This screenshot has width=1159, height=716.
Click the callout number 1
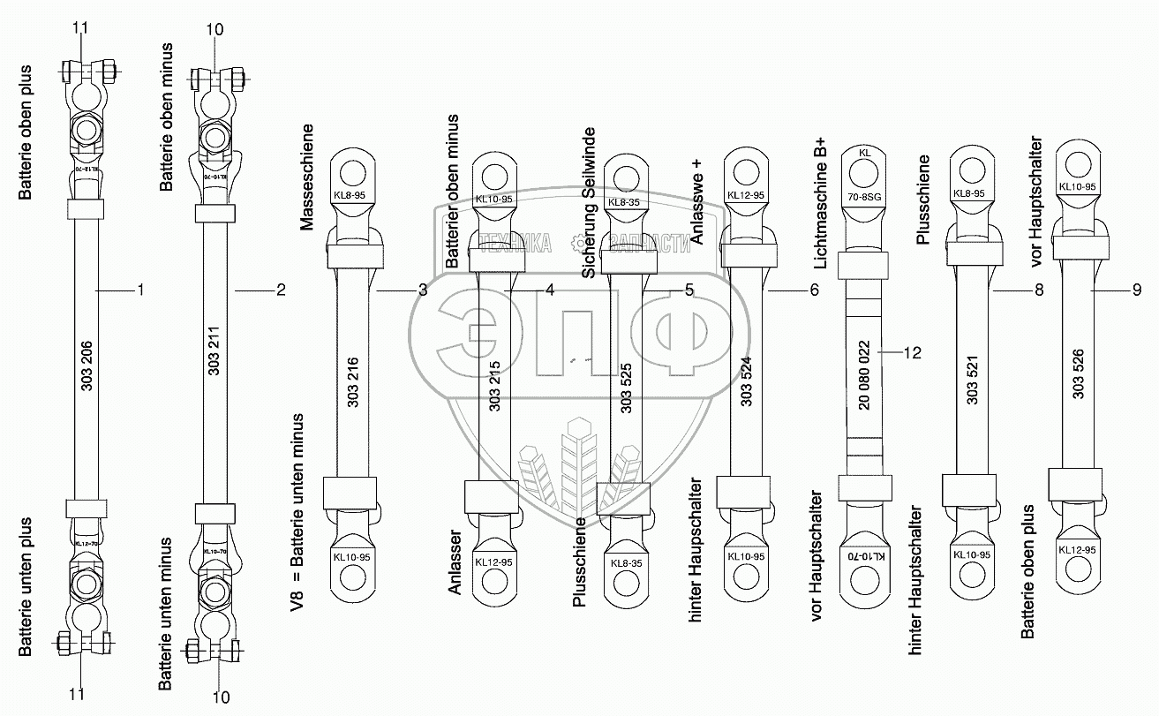click(x=140, y=290)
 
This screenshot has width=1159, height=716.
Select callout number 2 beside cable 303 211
click(x=281, y=290)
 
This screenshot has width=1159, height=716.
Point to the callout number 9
click(x=1137, y=290)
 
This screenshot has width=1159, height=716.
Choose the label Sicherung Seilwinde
click(x=589, y=202)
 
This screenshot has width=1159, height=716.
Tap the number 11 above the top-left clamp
click(x=80, y=29)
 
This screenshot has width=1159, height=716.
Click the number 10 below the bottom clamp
click(x=221, y=697)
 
